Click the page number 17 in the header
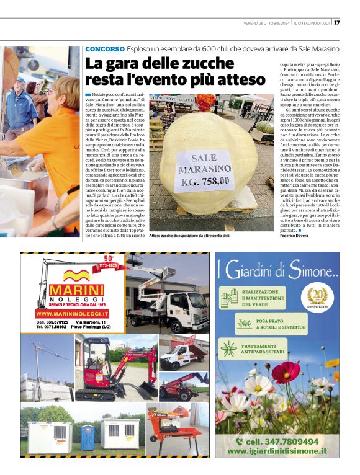coord(336,23)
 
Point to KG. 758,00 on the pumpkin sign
coord(205,182)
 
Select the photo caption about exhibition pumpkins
coord(189,236)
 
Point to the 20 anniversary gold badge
coord(317,296)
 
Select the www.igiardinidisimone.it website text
coord(277,451)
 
